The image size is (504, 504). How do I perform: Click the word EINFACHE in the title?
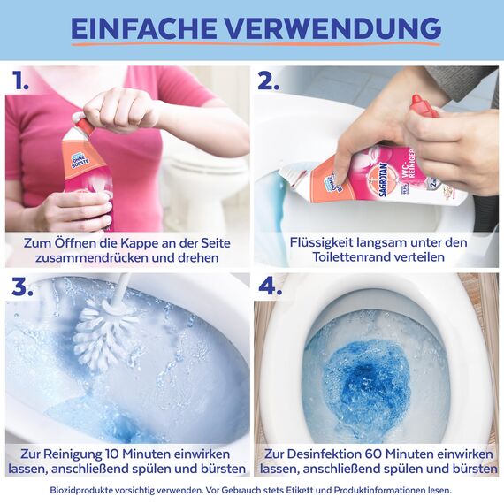tap(143, 28)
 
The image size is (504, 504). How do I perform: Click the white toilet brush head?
tap(104, 332)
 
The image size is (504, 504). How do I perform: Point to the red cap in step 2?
tap(422, 107)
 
